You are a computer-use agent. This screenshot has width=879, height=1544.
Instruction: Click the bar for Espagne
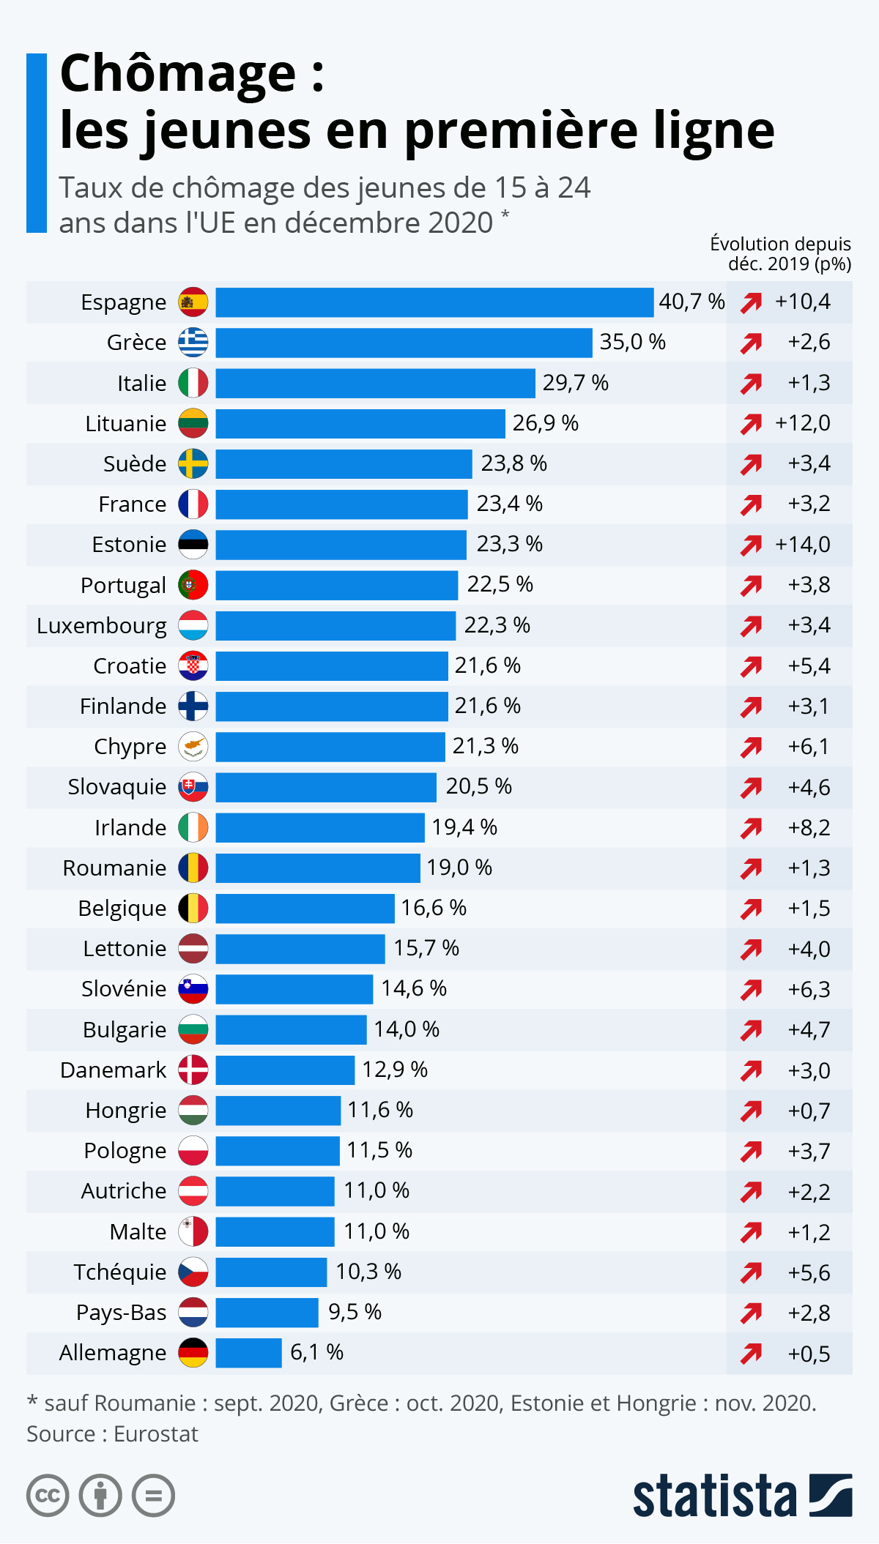(434, 302)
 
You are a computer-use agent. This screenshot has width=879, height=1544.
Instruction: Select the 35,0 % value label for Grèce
(632, 342)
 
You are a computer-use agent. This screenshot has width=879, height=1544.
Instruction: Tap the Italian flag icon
(193, 383)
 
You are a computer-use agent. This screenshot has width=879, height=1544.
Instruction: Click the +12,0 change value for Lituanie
(802, 423)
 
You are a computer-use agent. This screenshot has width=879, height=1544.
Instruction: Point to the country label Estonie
(129, 545)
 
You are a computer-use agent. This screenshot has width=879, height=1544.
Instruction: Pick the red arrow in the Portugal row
(751, 585)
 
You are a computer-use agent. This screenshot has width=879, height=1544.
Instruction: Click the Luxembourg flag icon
(193, 626)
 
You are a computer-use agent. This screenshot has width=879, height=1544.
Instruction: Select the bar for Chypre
(330, 747)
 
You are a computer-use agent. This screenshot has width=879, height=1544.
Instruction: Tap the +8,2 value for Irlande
(809, 828)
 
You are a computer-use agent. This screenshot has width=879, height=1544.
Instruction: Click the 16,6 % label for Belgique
(433, 908)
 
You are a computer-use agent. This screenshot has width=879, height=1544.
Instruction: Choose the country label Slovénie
(124, 989)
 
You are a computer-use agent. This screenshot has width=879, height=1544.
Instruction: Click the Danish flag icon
(193, 1070)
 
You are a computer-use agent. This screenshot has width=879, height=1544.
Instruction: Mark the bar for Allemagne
(248, 1353)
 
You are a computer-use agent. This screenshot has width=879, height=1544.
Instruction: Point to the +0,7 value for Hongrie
(809, 1111)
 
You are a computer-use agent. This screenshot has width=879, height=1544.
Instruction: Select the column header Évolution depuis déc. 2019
(781, 253)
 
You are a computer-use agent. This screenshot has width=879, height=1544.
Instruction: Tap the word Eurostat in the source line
(155, 1433)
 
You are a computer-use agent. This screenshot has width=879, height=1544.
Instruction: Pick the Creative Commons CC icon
(48, 1495)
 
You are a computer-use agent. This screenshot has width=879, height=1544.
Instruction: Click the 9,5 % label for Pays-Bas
(355, 1312)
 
